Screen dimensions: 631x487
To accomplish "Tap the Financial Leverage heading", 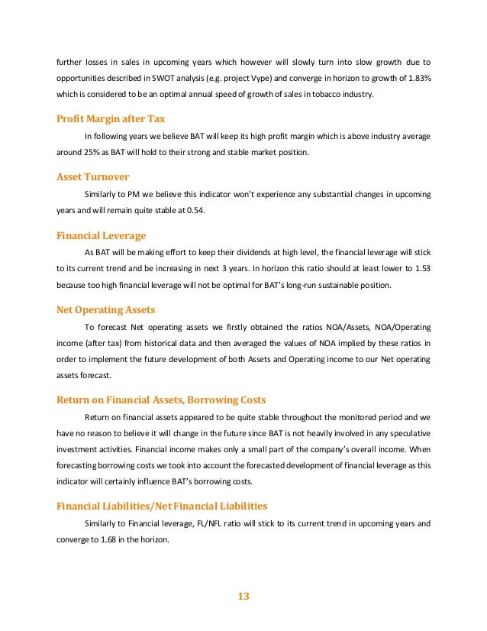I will click(x=102, y=235).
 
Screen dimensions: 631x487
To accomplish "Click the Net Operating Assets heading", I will click(x=106, y=309).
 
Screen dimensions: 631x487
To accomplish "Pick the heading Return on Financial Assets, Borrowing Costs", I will click(x=161, y=400).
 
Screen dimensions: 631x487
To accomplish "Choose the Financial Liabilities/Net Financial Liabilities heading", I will click(x=163, y=506).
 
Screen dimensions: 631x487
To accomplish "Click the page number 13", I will click(x=243, y=596).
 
